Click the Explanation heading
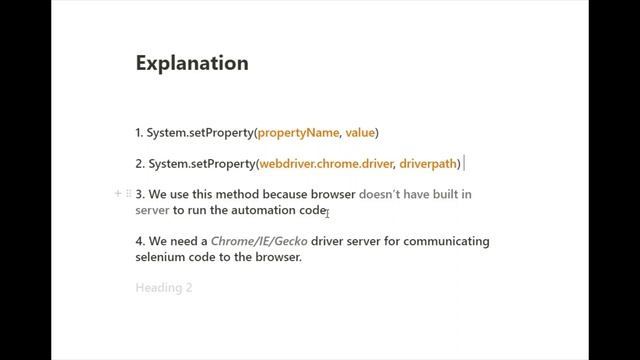coord(192,63)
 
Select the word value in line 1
coord(361,132)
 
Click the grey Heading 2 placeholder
coord(163,288)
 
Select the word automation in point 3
coord(264,210)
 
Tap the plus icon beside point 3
coord(118,193)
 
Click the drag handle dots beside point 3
coord(128,193)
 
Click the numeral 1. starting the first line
coord(140,132)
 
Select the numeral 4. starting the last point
coord(140,241)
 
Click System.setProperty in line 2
coord(202,163)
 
